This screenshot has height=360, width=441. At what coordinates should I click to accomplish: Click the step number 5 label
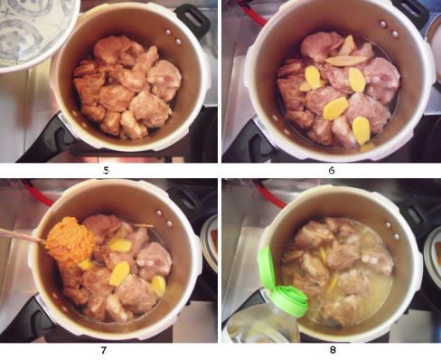[106, 171]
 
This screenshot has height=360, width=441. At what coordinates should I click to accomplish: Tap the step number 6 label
[332, 171]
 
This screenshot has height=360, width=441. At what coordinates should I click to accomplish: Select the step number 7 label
[104, 350]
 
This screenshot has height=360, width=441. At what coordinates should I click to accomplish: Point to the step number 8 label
[333, 350]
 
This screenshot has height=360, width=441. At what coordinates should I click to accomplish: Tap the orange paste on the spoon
[70, 238]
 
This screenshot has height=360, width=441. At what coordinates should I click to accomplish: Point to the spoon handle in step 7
[22, 236]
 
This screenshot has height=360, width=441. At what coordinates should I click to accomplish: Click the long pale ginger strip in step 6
[346, 61]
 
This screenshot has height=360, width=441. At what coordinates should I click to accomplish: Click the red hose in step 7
[39, 193]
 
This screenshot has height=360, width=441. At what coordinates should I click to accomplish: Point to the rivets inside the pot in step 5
[174, 36]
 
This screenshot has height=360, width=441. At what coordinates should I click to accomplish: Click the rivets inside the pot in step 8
[392, 231]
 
